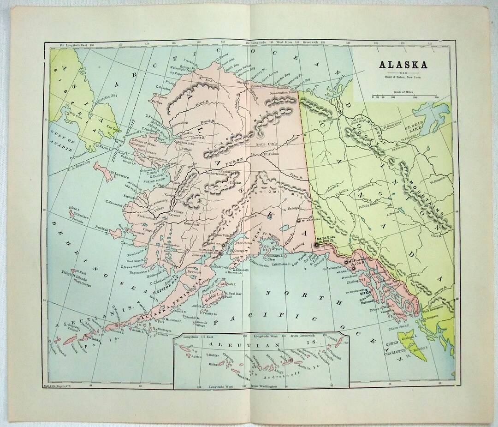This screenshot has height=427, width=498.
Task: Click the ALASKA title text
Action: pos(403,65)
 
